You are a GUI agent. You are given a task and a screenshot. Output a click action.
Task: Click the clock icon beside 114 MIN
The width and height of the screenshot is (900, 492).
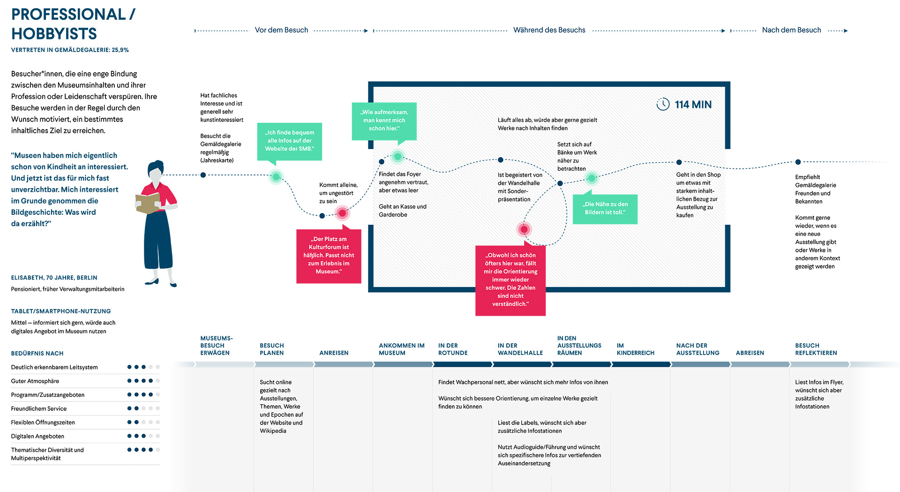(x=663, y=104)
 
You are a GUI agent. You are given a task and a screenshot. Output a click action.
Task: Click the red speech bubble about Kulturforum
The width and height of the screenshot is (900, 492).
(x=329, y=256)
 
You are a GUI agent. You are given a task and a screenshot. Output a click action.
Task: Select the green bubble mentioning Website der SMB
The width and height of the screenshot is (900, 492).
(x=290, y=141)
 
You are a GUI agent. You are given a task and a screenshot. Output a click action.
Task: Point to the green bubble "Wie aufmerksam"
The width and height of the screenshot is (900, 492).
(x=384, y=121)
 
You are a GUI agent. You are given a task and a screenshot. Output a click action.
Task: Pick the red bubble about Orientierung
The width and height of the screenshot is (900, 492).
(x=510, y=280)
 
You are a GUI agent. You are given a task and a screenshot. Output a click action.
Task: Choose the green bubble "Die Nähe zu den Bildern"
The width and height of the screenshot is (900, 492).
(x=605, y=209)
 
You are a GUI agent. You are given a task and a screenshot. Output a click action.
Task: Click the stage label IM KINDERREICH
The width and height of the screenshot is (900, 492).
(x=636, y=349)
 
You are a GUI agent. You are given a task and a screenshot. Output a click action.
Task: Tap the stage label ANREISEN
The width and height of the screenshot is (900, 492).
(x=334, y=353)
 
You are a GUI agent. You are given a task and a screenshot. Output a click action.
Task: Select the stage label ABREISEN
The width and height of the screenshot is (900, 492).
(x=750, y=353)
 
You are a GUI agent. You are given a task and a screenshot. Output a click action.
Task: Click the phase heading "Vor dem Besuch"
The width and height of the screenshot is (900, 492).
(x=281, y=30)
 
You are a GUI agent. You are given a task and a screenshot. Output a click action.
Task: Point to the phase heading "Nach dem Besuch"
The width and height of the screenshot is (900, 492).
(x=791, y=30)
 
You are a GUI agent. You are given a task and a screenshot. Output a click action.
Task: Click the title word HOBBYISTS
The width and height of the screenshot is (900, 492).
(x=54, y=34)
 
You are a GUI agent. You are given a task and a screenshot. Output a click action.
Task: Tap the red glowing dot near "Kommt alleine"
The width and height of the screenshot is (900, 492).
(x=342, y=213)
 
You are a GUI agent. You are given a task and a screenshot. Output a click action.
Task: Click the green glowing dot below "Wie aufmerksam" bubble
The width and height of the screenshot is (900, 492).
(x=397, y=156)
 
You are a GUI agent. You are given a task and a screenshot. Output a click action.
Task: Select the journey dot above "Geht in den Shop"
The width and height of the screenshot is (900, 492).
(x=679, y=162)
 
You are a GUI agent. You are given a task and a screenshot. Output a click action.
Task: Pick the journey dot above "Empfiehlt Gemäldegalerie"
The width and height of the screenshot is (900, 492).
(x=798, y=162)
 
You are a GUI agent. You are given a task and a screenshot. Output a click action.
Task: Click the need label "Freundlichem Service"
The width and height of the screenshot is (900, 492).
(x=39, y=409)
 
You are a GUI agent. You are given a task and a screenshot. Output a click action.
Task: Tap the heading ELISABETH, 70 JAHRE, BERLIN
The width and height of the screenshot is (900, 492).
(x=54, y=278)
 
